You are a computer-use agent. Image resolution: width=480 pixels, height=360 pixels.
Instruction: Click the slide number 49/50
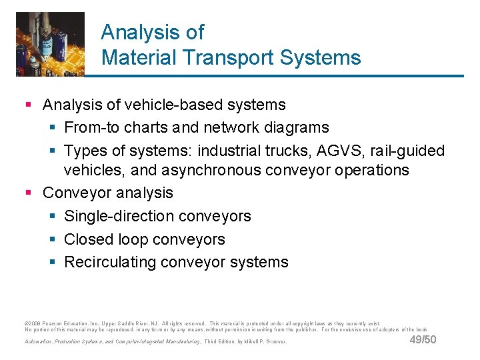423,340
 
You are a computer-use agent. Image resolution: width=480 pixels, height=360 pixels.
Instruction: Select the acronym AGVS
360,151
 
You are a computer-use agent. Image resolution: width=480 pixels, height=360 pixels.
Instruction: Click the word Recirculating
111,262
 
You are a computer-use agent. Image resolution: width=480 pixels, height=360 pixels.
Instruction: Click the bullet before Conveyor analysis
28,193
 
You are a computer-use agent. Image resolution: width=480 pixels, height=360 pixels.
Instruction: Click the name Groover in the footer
275,342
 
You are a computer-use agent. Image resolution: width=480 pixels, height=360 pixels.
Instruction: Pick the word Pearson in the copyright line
55,323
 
